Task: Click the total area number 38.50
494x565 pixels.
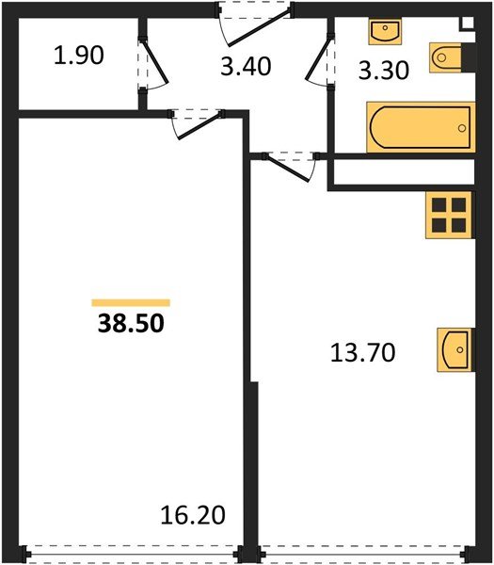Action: point(131,325)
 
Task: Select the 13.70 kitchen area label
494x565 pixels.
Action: point(363,353)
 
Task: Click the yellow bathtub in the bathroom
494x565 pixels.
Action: point(418,127)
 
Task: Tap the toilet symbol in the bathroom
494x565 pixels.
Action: point(448,58)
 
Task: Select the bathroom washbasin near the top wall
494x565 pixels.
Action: point(385,32)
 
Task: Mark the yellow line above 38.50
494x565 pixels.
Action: point(131,302)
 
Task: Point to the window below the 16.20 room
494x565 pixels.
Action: point(132,557)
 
